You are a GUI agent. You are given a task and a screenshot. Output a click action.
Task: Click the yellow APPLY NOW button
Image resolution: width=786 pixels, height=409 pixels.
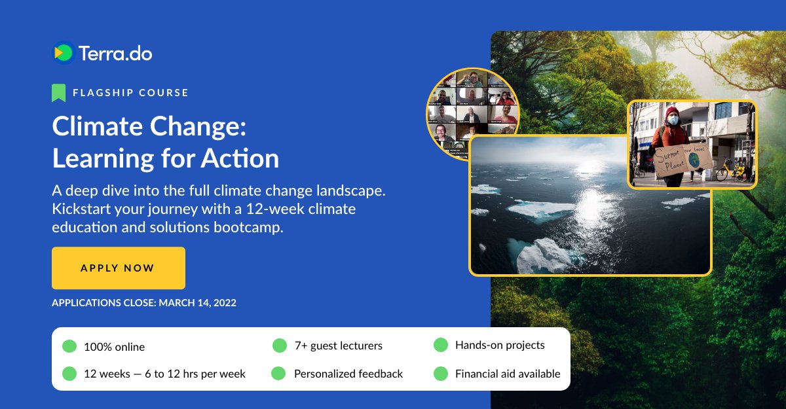point(118,268)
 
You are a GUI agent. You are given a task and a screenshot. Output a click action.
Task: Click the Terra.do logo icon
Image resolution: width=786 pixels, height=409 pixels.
point(64,53)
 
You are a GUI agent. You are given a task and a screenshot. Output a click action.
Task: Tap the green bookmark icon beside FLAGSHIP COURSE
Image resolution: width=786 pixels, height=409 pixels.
point(59,92)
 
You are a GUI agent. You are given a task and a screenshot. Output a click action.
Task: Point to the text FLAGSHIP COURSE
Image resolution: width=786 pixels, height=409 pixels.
point(131,93)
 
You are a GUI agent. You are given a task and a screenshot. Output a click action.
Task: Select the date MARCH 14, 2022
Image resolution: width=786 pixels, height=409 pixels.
point(197,303)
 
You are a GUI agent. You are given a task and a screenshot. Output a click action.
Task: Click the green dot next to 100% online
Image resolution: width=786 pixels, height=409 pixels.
point(69,346)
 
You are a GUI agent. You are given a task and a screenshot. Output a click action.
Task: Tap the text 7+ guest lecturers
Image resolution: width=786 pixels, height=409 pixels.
point(338,346)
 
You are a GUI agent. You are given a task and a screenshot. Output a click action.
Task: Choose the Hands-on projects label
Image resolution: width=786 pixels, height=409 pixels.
point(500,345)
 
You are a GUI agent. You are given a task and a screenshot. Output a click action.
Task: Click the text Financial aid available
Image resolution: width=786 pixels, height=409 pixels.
point(508,374)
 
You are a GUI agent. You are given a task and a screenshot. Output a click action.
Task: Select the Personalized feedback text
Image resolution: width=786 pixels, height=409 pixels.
point(348,374)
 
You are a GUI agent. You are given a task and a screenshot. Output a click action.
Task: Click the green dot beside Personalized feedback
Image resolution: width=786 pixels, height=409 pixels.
point(278,374)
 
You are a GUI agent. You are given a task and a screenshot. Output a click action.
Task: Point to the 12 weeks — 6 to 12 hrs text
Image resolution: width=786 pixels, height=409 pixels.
point(164,374)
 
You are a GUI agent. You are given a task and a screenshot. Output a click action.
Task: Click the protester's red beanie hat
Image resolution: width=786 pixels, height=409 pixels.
point(672,112)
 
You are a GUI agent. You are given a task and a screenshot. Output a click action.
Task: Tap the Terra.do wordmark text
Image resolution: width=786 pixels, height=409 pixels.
point(115,53)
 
